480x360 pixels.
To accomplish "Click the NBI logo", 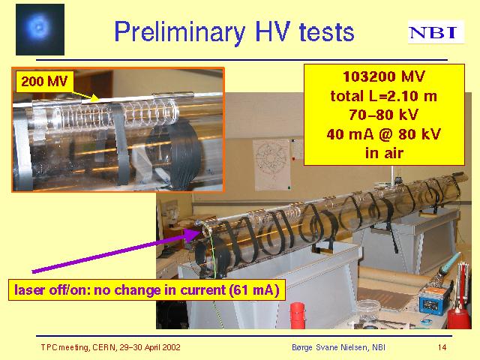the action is coord(436,32).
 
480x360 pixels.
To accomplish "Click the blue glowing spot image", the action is coord(40,29).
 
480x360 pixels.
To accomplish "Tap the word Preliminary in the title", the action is coord(180,32).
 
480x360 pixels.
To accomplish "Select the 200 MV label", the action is coord(44,82).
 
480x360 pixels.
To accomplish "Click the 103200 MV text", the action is coord(384,76).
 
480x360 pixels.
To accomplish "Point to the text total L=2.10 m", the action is coord(384,96).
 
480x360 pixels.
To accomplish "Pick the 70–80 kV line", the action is coord(384,115).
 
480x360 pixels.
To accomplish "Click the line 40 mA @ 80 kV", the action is coord(384,134).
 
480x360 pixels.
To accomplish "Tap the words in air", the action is coord(384,153).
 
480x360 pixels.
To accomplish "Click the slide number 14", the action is coord(442,347).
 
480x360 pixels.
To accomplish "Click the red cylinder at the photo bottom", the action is coord(298,315).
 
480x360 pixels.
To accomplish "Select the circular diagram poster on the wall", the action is coord(271,164).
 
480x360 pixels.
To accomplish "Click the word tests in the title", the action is coord(326,32).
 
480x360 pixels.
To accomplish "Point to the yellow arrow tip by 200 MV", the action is coord(98,100).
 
